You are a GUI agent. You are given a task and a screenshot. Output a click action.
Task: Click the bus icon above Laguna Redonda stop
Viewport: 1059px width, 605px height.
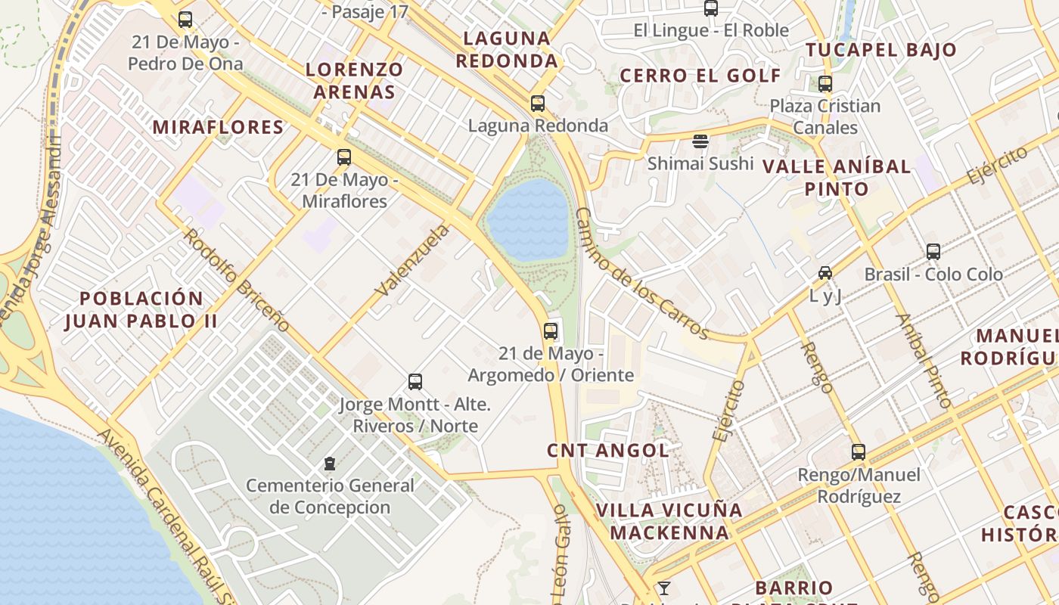[538, 104]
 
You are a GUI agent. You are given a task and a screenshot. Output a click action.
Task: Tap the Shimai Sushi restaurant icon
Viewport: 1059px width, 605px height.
[700, 141]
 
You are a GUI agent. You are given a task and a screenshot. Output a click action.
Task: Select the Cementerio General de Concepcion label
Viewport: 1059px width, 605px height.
[330, 496]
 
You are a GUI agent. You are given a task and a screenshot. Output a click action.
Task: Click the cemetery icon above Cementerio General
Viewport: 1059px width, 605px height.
[329, 463]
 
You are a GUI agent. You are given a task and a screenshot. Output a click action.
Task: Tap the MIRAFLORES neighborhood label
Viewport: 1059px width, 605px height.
[218, 127]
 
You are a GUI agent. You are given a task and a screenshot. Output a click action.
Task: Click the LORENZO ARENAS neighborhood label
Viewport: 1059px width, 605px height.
[354, 81]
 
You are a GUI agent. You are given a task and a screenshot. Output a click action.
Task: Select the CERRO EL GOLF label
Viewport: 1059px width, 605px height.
[700, 76]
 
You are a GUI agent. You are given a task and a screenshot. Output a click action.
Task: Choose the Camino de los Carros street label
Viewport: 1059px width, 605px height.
[641, 274]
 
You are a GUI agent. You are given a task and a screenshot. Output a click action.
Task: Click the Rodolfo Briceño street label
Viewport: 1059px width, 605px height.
[237, 280]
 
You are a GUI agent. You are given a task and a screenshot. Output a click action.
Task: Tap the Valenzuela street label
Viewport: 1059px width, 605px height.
[411, 260]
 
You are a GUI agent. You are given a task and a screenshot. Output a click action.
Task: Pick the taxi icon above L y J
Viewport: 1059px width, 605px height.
[825, 272]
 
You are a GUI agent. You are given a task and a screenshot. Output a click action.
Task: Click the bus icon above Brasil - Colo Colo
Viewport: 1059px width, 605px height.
[933, 252]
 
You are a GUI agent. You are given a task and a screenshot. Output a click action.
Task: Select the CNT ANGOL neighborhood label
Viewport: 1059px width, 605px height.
[608, 451]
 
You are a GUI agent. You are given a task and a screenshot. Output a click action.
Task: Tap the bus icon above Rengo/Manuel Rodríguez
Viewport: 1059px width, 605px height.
[859, 452]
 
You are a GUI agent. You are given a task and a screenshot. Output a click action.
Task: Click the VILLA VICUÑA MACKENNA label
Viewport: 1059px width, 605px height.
[669, 521]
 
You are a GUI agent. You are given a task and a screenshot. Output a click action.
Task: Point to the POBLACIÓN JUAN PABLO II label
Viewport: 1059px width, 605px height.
[141, 309]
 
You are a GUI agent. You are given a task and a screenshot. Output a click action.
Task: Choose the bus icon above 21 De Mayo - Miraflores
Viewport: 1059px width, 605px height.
[344, 157]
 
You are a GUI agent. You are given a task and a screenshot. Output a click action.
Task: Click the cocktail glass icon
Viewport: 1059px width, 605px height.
[663, 588]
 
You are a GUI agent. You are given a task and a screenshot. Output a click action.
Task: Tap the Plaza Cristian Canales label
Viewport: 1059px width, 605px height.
[825, 116]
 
